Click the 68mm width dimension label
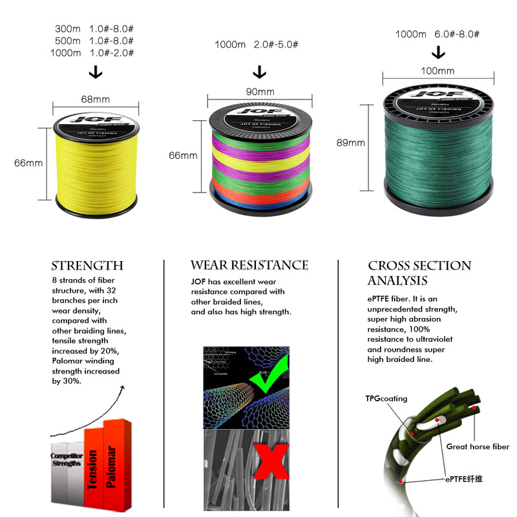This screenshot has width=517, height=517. pyautogui.click(x=95, y=100)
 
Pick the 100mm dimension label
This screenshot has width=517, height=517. pyautogui.click(x=438, y=70)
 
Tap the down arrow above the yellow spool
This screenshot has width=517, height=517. pyautogui.click(x=95, y=72)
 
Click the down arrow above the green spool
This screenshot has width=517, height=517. pyautogui.click(x=439, y=51)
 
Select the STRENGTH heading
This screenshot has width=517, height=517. pyautogui.click(x=87, y=266)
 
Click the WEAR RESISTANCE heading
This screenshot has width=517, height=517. pyautogui.click(x=249, y=265)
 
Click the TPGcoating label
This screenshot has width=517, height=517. pyautogui.click(x=386, y=399)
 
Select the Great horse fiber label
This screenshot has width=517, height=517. pyautogui.click(x=478, y=447)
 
